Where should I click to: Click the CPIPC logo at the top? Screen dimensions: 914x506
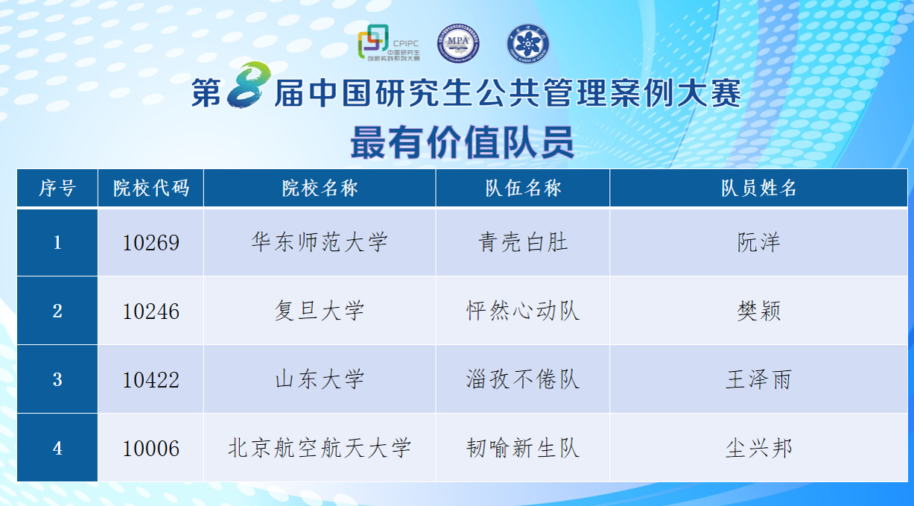pos(389,42)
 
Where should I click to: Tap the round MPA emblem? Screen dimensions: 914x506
pos(458,43)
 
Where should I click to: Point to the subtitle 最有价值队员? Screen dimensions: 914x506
pos(463,142)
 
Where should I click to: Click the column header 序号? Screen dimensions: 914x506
pos(57,188)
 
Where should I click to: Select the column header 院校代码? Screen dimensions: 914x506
pos(151,188)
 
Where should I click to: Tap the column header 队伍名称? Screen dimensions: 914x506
pos(523,188)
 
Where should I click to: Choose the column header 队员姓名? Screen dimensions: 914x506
pos(759,188)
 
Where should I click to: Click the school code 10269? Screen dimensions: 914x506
pos(151,243)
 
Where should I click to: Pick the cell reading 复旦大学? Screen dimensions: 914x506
pos(320,311)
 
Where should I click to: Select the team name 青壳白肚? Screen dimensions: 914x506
pos(523,242)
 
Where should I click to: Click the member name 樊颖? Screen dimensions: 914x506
pos(759,311)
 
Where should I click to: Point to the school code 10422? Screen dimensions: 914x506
pos(151,380)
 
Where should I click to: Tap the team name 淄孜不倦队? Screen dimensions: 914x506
pos(523,379)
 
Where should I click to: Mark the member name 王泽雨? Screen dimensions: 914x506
pos(759,379)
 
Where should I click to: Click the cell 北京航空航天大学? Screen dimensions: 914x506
pos(320,448)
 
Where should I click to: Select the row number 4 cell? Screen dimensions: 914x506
pos(57,448)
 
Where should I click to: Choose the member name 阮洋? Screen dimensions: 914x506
pos(759,242)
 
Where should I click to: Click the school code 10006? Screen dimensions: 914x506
pos(151,449)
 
